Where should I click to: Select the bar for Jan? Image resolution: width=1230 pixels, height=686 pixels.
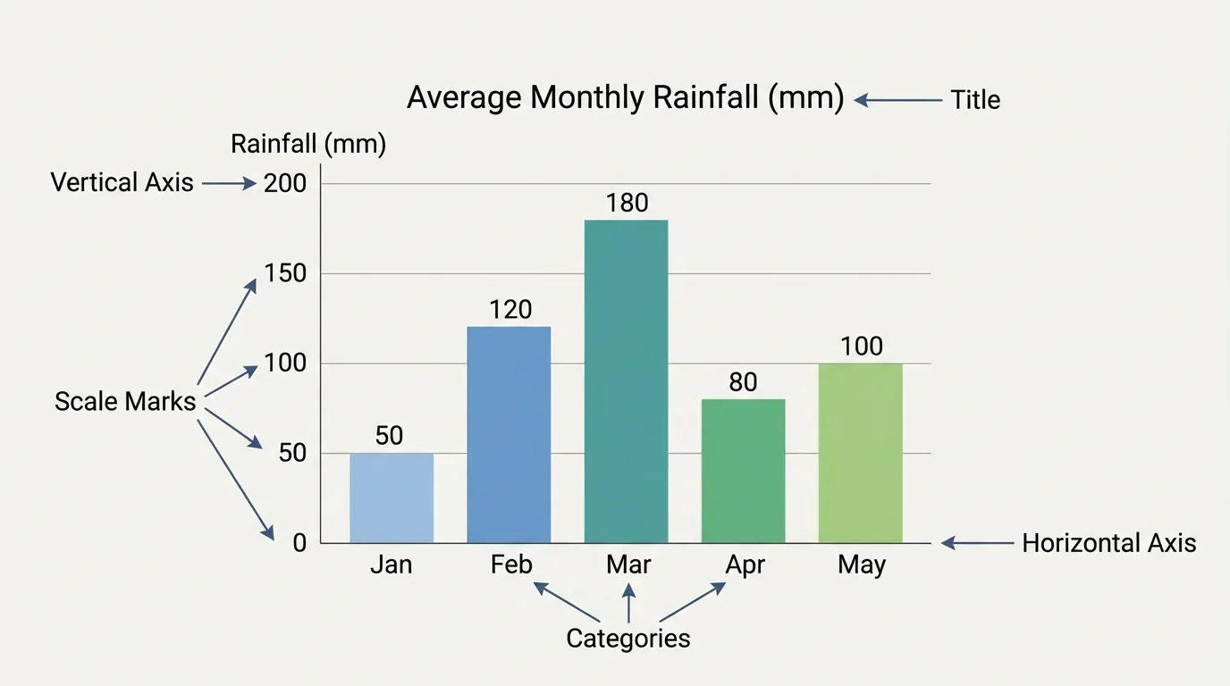(x=392, y=498)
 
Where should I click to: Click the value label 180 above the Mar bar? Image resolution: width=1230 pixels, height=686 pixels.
(x=627, y=204)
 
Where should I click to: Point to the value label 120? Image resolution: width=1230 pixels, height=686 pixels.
(x=510, y=310)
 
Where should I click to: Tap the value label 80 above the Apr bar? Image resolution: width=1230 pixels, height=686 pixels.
(x=743, y=382)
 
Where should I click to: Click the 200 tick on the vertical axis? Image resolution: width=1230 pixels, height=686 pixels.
(x=285, y=184)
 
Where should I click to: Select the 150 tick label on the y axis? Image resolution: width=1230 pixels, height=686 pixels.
(x=285, y=274)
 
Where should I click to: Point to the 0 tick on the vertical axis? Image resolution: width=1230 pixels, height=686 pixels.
(x=299, y=543)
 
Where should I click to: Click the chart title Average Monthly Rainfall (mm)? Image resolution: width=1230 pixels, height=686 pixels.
(x=625, y=97)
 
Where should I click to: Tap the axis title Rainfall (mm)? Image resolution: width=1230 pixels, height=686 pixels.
(x=308, y=145)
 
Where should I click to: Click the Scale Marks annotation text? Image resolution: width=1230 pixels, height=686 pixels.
(x=125, y=402)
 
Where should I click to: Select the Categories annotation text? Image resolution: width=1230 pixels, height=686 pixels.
(x=628, y=639)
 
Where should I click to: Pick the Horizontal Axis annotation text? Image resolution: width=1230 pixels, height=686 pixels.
(x=1108, y=543)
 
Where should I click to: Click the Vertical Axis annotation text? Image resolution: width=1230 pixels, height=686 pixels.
(x=122, y=183)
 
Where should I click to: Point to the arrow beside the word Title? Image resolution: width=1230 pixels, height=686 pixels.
(x=897, y=100)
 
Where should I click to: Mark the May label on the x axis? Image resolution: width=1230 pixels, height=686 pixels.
(x=862, y=565)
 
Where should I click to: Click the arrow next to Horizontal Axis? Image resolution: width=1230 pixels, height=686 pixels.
(x=978, y=543)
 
